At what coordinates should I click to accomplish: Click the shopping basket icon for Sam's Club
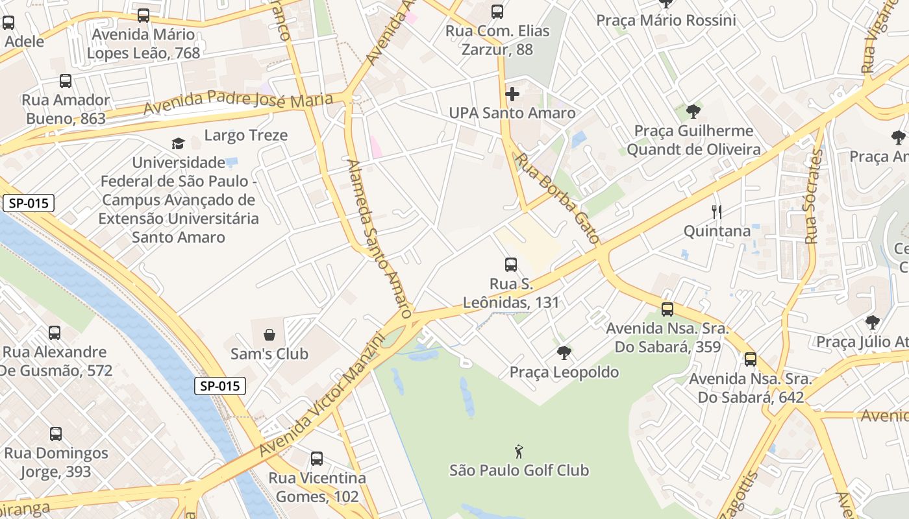tap(269, 335)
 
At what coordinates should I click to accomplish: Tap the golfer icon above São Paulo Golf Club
tap(519, 451)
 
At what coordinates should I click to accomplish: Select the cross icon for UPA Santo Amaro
tap(512, 94)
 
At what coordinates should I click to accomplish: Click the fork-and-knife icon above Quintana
tap(717, 211)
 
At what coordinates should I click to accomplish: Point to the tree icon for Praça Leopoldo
tap(564, 353)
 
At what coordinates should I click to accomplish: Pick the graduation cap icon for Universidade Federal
tap(178, 143)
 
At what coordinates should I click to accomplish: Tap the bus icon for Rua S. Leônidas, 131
tap(511, 265)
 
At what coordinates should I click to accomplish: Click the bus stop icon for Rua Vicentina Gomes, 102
tap(317, 459)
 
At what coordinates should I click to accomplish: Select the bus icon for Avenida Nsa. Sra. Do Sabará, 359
tap(667, 309)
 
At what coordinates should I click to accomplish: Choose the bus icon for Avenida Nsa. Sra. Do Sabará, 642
tap(751, 359)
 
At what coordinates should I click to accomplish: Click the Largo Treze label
tap(245, 136)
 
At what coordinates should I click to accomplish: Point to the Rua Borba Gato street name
tap(557, 199)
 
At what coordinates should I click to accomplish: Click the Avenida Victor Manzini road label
tap(319, 396)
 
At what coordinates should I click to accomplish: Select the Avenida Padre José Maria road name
tap(238, 103)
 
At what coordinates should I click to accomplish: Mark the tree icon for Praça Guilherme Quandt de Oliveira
tap(693, 112)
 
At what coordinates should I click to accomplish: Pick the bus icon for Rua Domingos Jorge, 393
tap(56, 434)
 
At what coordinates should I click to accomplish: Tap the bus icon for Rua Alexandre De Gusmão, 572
tap(55, 333)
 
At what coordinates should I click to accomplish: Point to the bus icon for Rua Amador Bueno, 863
tap(66, 81)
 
